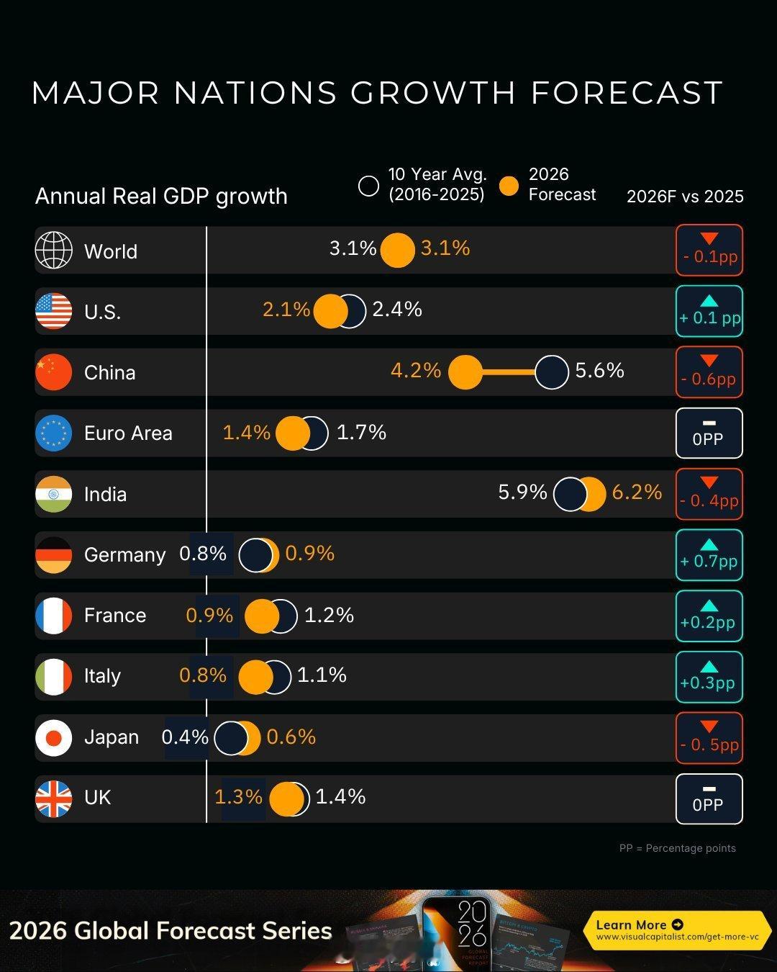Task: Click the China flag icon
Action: [x=54, y=372]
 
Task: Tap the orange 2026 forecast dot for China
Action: [x=465, y=372]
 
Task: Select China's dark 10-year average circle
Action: [x=552, y=372]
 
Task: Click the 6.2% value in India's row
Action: [x=637, y=492]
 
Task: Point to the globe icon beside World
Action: [x=54, y=251]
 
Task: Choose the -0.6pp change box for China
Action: [x=709, y=372]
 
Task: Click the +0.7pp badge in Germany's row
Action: [x=709, y=554]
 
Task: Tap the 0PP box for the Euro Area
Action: [x=709, y=433]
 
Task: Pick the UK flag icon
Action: [x=54, y=798]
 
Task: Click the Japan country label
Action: [x=112, y=737]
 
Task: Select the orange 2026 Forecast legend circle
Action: [x=509, y=186]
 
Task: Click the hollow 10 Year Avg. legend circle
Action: [x=368, y=186]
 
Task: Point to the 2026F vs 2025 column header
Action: [x=685, y=197]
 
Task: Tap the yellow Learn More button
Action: [x=676, y=930]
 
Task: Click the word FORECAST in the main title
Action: [x=627, y=93]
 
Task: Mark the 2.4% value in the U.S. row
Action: [x=397, y=310]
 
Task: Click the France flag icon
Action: [x=54, y=616]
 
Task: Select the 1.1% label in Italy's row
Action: [x=322, y=675]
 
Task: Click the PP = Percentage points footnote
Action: [x=677, y=848]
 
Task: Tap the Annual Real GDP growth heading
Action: [x=161, y=196]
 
